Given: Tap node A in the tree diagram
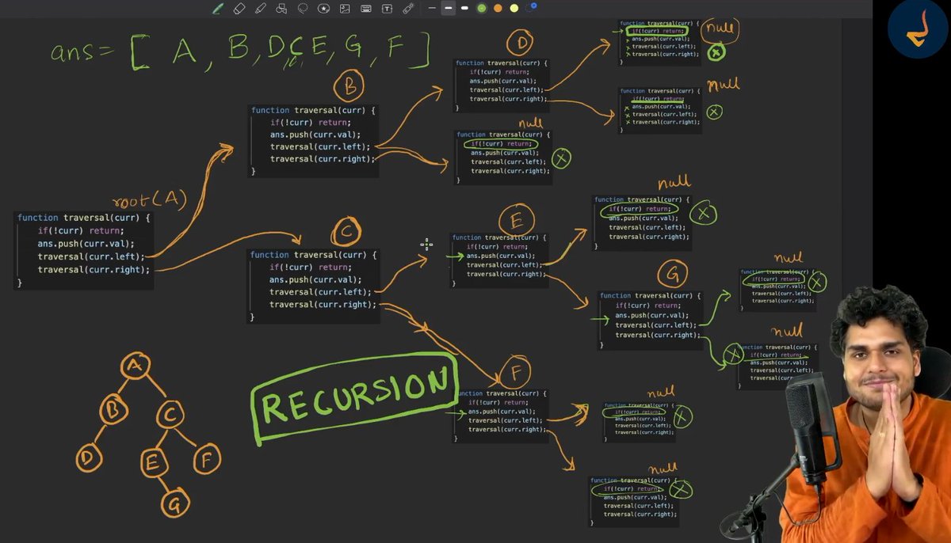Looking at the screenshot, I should click(x=135, y=365).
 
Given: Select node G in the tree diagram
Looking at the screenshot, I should click(x=174, y=503).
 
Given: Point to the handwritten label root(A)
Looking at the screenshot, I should click(x=150, y=199).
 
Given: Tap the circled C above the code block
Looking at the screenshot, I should click(x=346, y=232).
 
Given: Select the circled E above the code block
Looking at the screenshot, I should click(x=516, y=221).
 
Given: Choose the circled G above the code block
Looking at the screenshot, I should click(x=672, y=275).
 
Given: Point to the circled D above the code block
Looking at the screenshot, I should click(x=521, y=43).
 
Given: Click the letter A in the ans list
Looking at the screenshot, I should click(x=185, y=52).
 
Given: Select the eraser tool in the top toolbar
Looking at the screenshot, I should click(x=239, y=8).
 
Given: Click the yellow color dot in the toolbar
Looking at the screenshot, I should click(x=514, y=8).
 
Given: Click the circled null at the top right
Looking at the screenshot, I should click(x=720, y=28).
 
